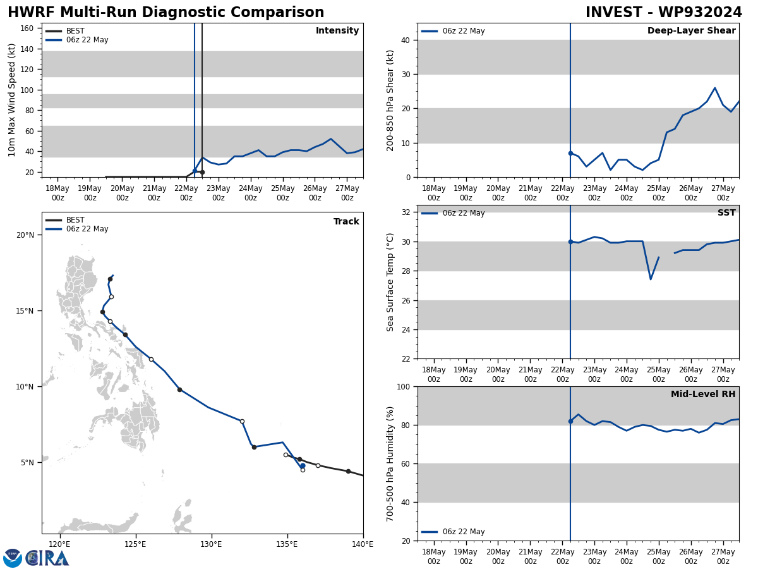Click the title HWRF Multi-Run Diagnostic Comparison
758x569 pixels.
tap(165, 13)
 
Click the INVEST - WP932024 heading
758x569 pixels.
tap(663, 13)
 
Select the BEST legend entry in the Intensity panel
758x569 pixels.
tap(75, 31)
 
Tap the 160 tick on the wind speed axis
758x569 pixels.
tap(27, 28)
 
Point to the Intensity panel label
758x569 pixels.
tap(337, 31)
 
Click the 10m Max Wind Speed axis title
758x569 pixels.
tap(12, 100)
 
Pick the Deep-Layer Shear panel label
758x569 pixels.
tap(691, 31)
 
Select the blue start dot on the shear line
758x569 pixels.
tap(570, 153)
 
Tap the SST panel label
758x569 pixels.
tap(726, 213)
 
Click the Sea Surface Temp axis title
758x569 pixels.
tap(390, 282)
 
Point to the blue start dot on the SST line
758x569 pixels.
tap(570, 242)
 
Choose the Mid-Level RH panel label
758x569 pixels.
tap(703, 395)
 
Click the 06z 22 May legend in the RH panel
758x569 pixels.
tap(463, 532)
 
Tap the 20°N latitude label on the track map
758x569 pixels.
tap(25, 235)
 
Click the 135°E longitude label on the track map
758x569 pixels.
tap(287, 544)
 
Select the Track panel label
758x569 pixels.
tap(346, 221)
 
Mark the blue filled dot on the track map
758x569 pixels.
tap(303, 466)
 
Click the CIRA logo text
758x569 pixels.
tap(47, 558)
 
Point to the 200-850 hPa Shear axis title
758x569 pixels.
tap(390, 100)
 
